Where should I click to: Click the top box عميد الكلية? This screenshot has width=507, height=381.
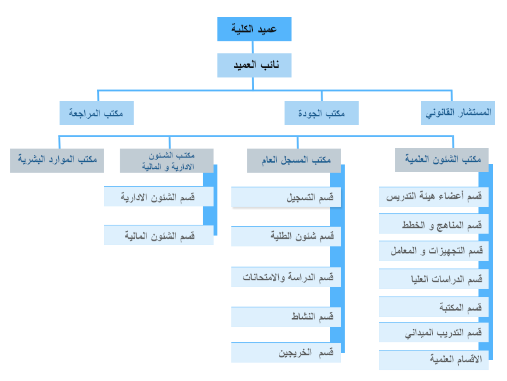(254, 29)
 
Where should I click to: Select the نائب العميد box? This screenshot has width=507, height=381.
(254, 65)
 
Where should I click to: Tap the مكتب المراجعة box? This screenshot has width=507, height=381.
(96, 113)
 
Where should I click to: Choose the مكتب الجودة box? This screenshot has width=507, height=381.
(321, 113)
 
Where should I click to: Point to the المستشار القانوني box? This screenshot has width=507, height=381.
(458, 113)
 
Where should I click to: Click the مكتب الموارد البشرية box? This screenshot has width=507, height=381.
(57, 161)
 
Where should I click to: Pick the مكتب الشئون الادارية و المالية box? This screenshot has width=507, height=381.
(167, 161)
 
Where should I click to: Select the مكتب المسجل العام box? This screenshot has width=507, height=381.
(294, 161)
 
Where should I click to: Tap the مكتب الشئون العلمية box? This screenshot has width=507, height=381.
(441, 160)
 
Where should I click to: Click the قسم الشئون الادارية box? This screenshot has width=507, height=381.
(158, 196)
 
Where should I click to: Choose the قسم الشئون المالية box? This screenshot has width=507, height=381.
(158, 235)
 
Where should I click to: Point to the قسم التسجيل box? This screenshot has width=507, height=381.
(286, 197)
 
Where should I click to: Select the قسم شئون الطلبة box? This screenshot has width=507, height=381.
(286, 236)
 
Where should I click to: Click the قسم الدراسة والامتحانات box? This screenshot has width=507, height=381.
(286, 277)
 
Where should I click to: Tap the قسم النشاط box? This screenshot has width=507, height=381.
(286, 317)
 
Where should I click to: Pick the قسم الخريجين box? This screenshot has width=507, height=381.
(286, 352)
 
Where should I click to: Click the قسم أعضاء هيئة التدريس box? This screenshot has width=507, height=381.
(433, 197)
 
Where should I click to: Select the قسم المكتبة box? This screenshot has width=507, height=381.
(433, 307)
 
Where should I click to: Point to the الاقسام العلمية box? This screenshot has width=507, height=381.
(433, 360)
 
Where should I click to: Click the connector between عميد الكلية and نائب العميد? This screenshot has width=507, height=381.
(252, 47)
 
